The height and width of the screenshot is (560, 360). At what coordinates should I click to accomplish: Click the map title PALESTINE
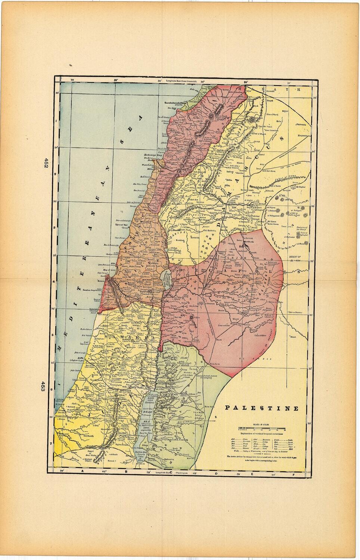point(262,408)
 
